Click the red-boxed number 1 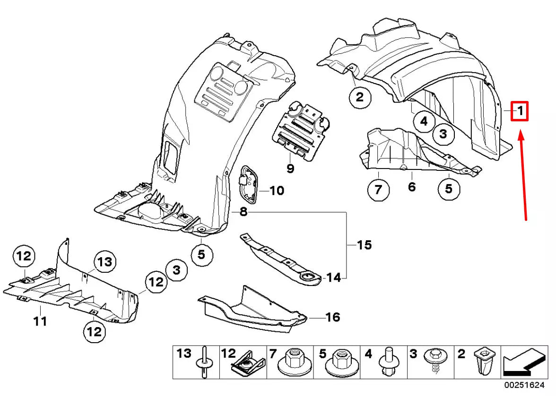pyautogui.click(x=519, y=112)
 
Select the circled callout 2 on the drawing pyautogui.click(x=360, y=98)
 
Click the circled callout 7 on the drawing pyautogui.click(x=378, y=190)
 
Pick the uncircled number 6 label pyautogui.click(x=412, y=187)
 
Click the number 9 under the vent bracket pyautogui.click(x=290, y=168)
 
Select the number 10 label pyautogui.click(x=277, y=191)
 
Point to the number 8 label pyautogui.click(x=243, y=212)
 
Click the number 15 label pyautogui.click(x=365, y=245)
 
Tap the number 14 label pyautogui.click(x=333, y=278)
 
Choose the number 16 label pyautogui.click(x=333, y=317)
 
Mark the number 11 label pyautogui.click(x=40, y=321)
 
